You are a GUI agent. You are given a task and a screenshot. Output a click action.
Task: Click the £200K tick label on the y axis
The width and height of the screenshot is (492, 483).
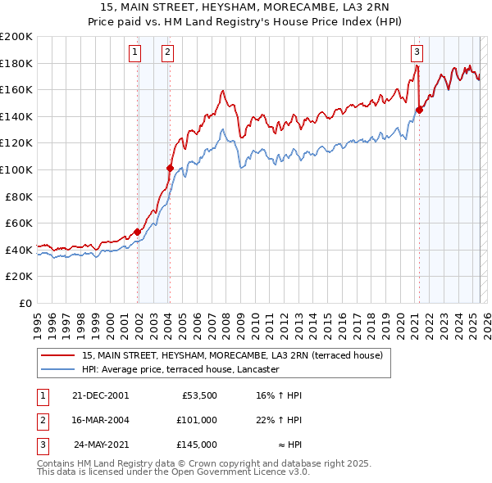tap(16, 37)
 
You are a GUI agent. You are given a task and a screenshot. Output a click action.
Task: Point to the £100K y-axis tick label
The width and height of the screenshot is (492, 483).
tap(16, 169)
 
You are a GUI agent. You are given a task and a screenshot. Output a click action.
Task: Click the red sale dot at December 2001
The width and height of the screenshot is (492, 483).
tap(137, 232)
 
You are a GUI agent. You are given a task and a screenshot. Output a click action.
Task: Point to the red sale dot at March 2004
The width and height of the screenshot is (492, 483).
tap(170, 168)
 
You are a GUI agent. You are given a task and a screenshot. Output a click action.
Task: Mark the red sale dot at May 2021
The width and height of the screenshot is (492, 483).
tap(419, 110)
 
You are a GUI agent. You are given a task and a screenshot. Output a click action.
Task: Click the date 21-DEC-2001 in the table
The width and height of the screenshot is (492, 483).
tap(100, 395)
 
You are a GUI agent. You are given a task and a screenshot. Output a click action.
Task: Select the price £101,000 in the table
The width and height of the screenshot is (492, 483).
tap(198, 420)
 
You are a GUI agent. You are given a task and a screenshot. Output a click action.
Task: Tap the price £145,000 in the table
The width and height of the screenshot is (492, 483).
tap(198, 445)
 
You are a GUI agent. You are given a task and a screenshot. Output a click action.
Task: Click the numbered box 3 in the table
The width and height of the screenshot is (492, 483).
tap(40, 445)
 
